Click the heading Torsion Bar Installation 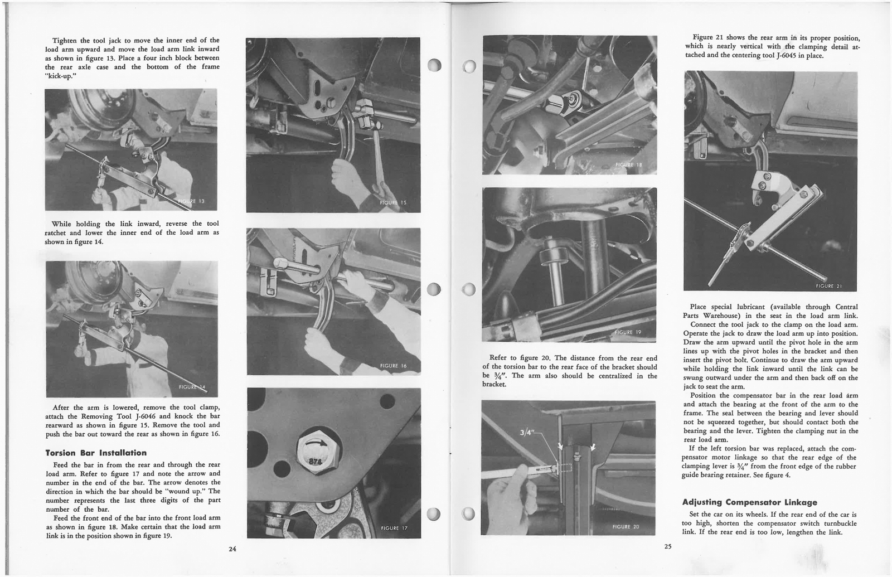point(96,453)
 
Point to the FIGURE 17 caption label point(395,528)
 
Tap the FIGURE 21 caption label point(828,287)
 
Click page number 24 point(232,549)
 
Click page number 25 point(668,546)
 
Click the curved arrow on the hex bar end point(316,444)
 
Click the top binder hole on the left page point(434,65)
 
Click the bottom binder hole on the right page point(470,514)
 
